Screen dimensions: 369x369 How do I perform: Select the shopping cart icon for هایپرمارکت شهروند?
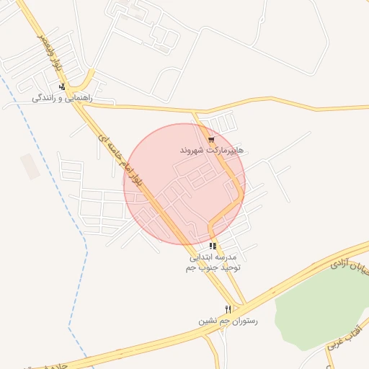[211, 140]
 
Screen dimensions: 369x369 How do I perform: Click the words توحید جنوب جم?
[213, 267]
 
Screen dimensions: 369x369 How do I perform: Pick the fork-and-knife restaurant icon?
[228, 308]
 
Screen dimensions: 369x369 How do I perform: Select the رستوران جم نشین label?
[228, 319]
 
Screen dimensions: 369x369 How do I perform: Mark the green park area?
[324, 303]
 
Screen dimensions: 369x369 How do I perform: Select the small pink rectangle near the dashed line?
[30, 166]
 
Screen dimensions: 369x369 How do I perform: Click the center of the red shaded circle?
[184, 184]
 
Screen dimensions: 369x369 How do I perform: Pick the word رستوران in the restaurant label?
[244, 319]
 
